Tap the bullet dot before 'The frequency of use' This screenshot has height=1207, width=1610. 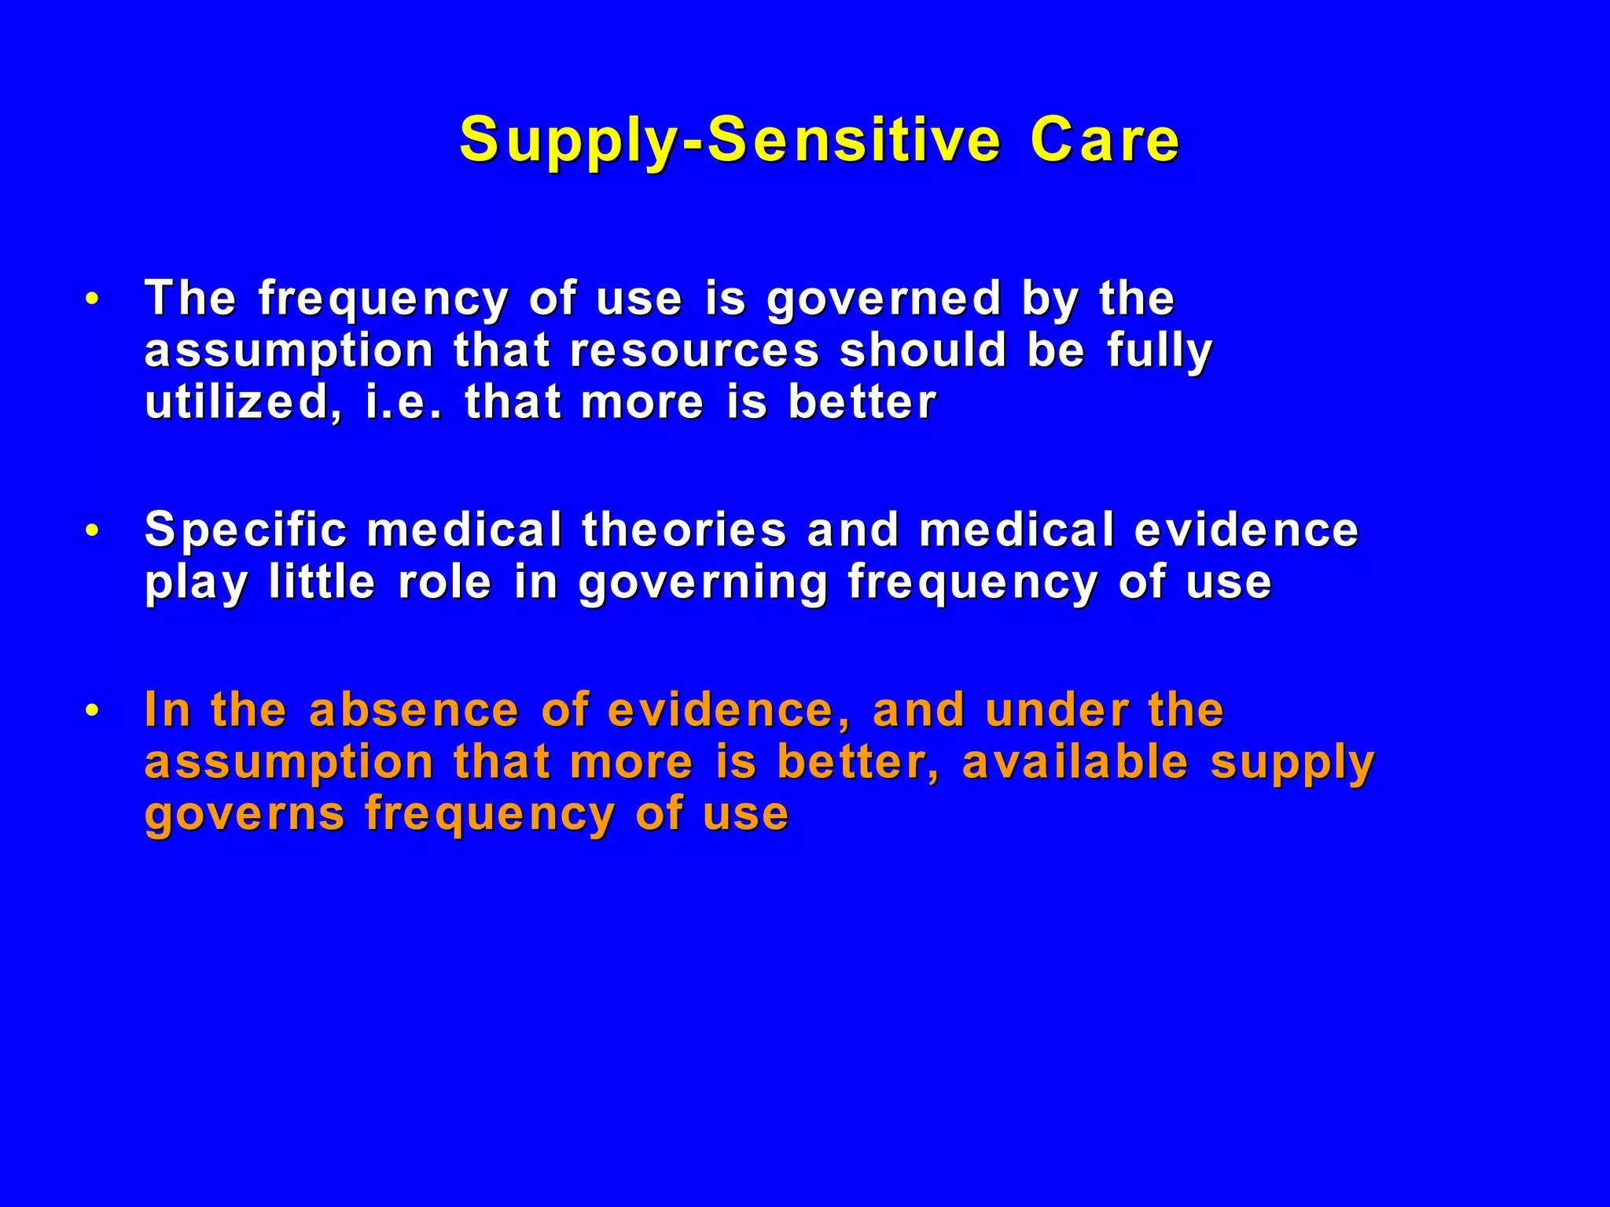[93, 299]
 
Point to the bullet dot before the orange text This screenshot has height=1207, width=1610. [93, 711]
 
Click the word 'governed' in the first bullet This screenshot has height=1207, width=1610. [884, 299]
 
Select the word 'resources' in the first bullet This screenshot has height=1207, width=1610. [695, 350]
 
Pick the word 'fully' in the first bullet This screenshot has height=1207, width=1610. [1160, 350]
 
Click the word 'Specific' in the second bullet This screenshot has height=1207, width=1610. [246, 530]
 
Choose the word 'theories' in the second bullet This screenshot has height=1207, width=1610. [684, 530]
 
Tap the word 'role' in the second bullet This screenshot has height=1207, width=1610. [445, 582]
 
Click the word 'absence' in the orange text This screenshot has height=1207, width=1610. [414, 710]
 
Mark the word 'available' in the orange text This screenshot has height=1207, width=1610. [1075, 762]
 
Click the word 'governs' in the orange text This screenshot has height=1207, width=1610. [244, 814]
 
